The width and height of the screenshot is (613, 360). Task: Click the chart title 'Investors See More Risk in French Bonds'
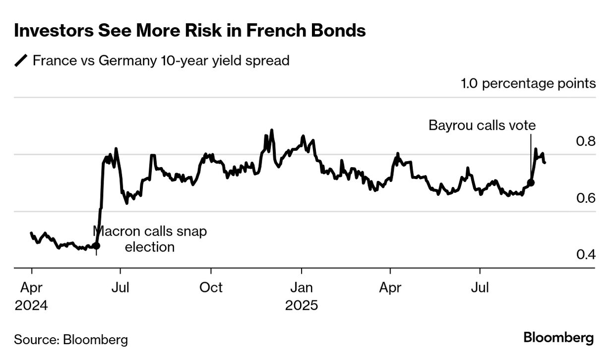click(189, 31)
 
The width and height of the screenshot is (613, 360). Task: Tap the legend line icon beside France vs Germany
click(21, 61)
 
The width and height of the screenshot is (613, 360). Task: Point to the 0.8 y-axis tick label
click(585, 142)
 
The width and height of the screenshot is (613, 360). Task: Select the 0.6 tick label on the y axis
click(585, 198)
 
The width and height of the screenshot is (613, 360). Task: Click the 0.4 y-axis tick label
click(585, 255)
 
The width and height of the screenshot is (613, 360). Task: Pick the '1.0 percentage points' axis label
click(528, 83)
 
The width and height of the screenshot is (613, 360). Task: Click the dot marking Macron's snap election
click(96, 245)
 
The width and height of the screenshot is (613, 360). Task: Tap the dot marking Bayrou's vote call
click(531, 182)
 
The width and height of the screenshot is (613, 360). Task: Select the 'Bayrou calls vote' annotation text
click(482, 125)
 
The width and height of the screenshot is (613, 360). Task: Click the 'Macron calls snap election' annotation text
click(150, 239)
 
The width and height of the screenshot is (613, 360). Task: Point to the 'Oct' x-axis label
click(211, 288)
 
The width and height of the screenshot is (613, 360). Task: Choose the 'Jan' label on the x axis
click(301, 288)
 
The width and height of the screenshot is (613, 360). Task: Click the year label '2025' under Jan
click(302, 305)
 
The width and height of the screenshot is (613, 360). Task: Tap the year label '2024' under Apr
click(31, 305)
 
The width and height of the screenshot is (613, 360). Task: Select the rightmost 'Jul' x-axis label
click(480, 288)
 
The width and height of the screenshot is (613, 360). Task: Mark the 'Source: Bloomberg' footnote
click(71, 340)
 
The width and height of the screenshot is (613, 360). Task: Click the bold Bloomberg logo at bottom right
click(558, 338)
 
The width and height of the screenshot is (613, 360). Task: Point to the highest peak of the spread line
click(271, 130)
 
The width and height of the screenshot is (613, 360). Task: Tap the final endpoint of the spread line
click(545, 162)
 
